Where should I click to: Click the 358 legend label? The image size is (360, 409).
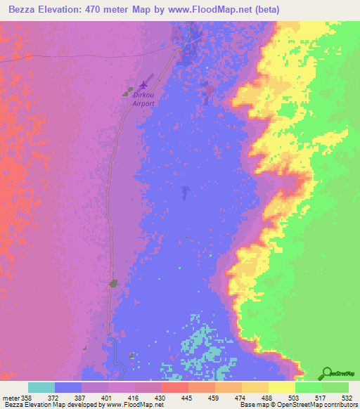click(x=27, y=398)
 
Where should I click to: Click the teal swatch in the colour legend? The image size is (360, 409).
click(x=41, y=387)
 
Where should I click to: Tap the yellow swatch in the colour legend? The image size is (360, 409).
click(x=282, y=387)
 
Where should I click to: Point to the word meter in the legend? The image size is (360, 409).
click(x=10, y=398)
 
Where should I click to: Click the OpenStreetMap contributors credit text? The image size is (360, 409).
click(x=310, y=405)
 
